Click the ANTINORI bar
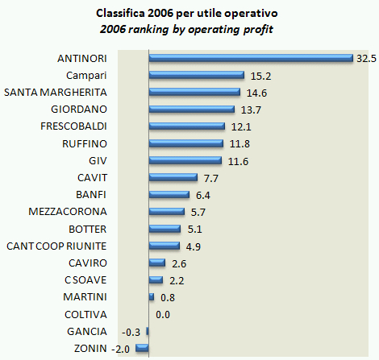click(x=251, y=58)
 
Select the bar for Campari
click(x=197, y=75)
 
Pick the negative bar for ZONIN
click(x=142, y=348)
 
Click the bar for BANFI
click(x=169, y=194)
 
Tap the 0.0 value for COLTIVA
click(x=162, y=314)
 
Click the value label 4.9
click(x=194, y=246)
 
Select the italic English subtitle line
click(x=189, y=30)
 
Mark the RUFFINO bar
click(x=186, y=143)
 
